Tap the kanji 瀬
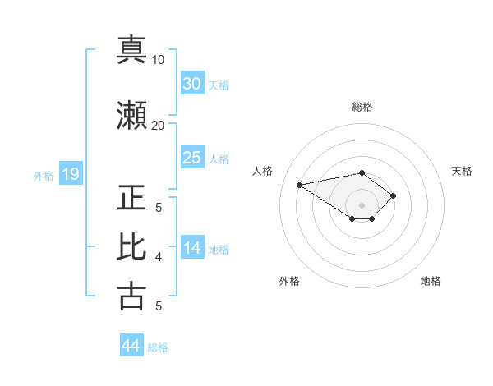(x=132, y=116)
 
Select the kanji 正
(x=132, y=198)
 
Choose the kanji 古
(x=132, y=296)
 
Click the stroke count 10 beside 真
(x=159, y=60)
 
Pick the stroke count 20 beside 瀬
(x=159, y=125)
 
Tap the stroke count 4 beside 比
(x=159, y=257)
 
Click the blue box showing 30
(x=192, y=83)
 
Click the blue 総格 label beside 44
(x=159, y=347)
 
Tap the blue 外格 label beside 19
(x=44, y=175)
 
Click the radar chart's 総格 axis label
(x=362, y=107)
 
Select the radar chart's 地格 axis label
(x=431, y=282)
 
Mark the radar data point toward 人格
(x=300, y=184)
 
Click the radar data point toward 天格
(x=394, y=195)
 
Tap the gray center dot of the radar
(x=362, y=205)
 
